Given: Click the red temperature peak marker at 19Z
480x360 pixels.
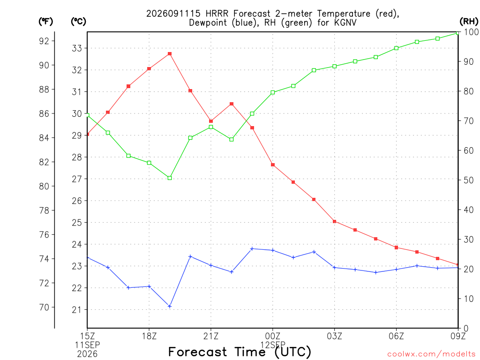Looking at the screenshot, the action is [x=170, y=54].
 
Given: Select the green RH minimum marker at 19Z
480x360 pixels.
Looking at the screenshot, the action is [x=170, y=178].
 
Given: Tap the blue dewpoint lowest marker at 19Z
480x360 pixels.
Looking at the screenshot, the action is [x=170, y=306].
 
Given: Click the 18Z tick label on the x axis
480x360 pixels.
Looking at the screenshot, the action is [x=149, y=336].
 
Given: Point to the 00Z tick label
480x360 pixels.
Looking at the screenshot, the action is [x=272, y=336].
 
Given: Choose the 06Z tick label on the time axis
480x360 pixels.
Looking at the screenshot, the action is [x=396, y=336].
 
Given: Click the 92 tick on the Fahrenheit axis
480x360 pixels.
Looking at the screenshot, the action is [x=44, y=41].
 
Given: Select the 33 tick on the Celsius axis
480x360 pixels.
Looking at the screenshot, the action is [x=77, y=48].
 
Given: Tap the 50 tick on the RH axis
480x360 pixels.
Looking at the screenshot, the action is [x=468, y=180].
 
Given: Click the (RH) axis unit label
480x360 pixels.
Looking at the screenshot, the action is [x=469, y=22].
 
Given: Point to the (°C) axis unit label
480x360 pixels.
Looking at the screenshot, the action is [x=78, y=22].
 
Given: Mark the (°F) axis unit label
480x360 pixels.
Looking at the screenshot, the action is [x=45, y=22].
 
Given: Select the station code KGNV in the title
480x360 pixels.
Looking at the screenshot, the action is [x=345, y=22].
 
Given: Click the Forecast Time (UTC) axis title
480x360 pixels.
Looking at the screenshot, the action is [x=240, y=352].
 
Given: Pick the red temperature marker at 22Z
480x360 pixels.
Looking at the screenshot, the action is [x=232, y=104].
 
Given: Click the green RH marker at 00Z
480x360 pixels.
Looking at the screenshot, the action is [x=273, y=92].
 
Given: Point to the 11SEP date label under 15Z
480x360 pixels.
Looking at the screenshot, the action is [x=88, y=345].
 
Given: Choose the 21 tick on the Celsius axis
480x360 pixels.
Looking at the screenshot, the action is [x=77, y=310].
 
